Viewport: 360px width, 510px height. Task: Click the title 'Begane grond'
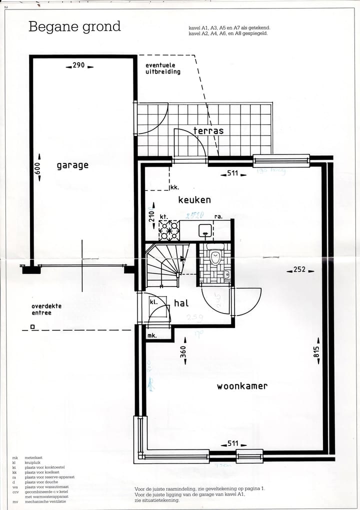coord(74,26)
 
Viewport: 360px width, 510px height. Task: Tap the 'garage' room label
coord(72,165)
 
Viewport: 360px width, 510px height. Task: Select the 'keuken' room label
coord(194,199)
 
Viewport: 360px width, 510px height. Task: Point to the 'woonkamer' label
coord(242,386)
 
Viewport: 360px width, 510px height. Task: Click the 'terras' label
coord(208,131)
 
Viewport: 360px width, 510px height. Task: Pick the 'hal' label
coord(181,303)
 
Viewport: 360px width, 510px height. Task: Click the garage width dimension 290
coord(79,65)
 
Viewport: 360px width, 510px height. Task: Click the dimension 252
coord(299,270)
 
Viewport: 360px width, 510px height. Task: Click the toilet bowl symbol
coord(215,256)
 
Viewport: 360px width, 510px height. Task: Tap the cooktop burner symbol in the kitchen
coord(169,231)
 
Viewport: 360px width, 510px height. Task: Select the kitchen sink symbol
coord(205,230)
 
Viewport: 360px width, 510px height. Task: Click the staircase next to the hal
coord(163,265)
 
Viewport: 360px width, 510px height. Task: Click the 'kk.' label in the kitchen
coord(174,187)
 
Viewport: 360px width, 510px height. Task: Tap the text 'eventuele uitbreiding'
coord(163,68)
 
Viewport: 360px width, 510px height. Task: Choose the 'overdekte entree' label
coord(46,309)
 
